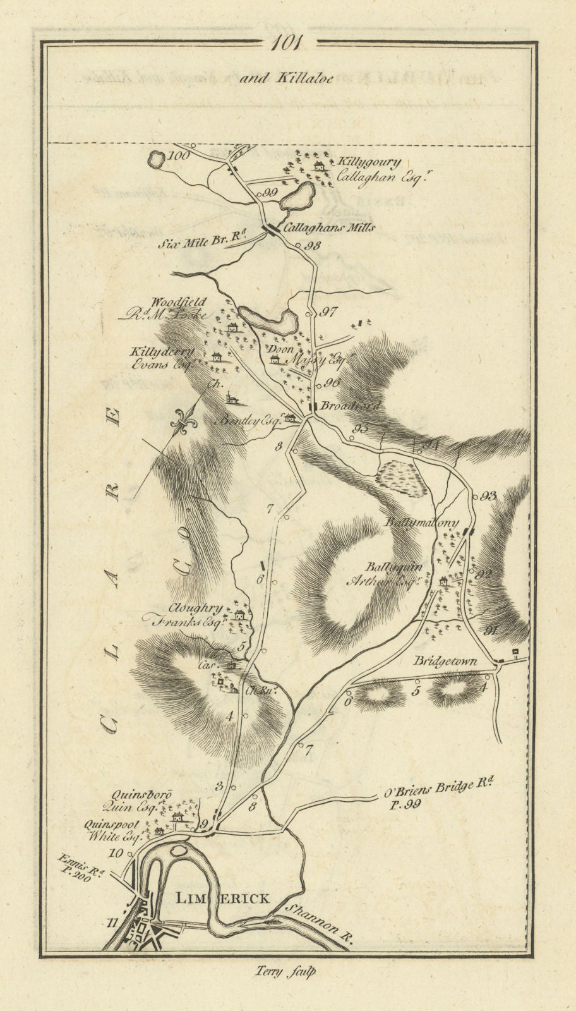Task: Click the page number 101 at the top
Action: pyautogui.click(x=288, y=44)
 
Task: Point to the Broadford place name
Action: pyautogui.click(x=350, y=406)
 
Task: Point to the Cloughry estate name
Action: pyautogui.click(x=195, y=609)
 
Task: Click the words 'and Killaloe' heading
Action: pyautogui.click(x=291, y=78)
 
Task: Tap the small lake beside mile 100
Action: pyautogui.click(x=155, y=160)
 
